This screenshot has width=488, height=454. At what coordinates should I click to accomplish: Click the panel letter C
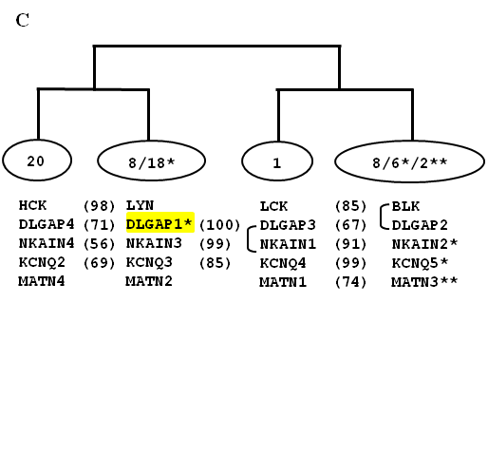pos(23,20)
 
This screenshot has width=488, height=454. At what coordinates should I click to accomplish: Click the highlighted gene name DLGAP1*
pos(160,224)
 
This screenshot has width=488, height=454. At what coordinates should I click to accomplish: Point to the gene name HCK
pos(32,205)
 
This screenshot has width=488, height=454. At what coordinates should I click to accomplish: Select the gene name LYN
pos(140,205)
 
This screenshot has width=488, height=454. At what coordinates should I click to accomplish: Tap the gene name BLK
pos(405,206)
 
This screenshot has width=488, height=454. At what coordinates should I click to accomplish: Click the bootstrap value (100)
pos(220,225)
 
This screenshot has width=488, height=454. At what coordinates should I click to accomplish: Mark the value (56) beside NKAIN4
pos(99,244)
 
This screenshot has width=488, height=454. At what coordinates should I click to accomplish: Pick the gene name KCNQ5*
pos(420,263)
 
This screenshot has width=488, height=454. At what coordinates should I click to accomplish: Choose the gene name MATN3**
pos(424,282)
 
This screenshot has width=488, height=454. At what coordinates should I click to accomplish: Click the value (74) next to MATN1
pos(350,282)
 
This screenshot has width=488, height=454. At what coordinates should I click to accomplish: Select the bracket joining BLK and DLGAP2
pos(383,217)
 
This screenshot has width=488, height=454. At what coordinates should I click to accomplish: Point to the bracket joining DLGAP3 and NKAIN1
pos(250,239)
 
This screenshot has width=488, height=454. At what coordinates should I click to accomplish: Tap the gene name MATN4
pos(42,281)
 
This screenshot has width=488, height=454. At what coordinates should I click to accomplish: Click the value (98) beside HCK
pos(99,206)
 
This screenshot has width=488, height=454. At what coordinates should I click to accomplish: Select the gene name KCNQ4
pos(283,263)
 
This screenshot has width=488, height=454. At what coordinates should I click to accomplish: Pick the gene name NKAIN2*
pos(424,244)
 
